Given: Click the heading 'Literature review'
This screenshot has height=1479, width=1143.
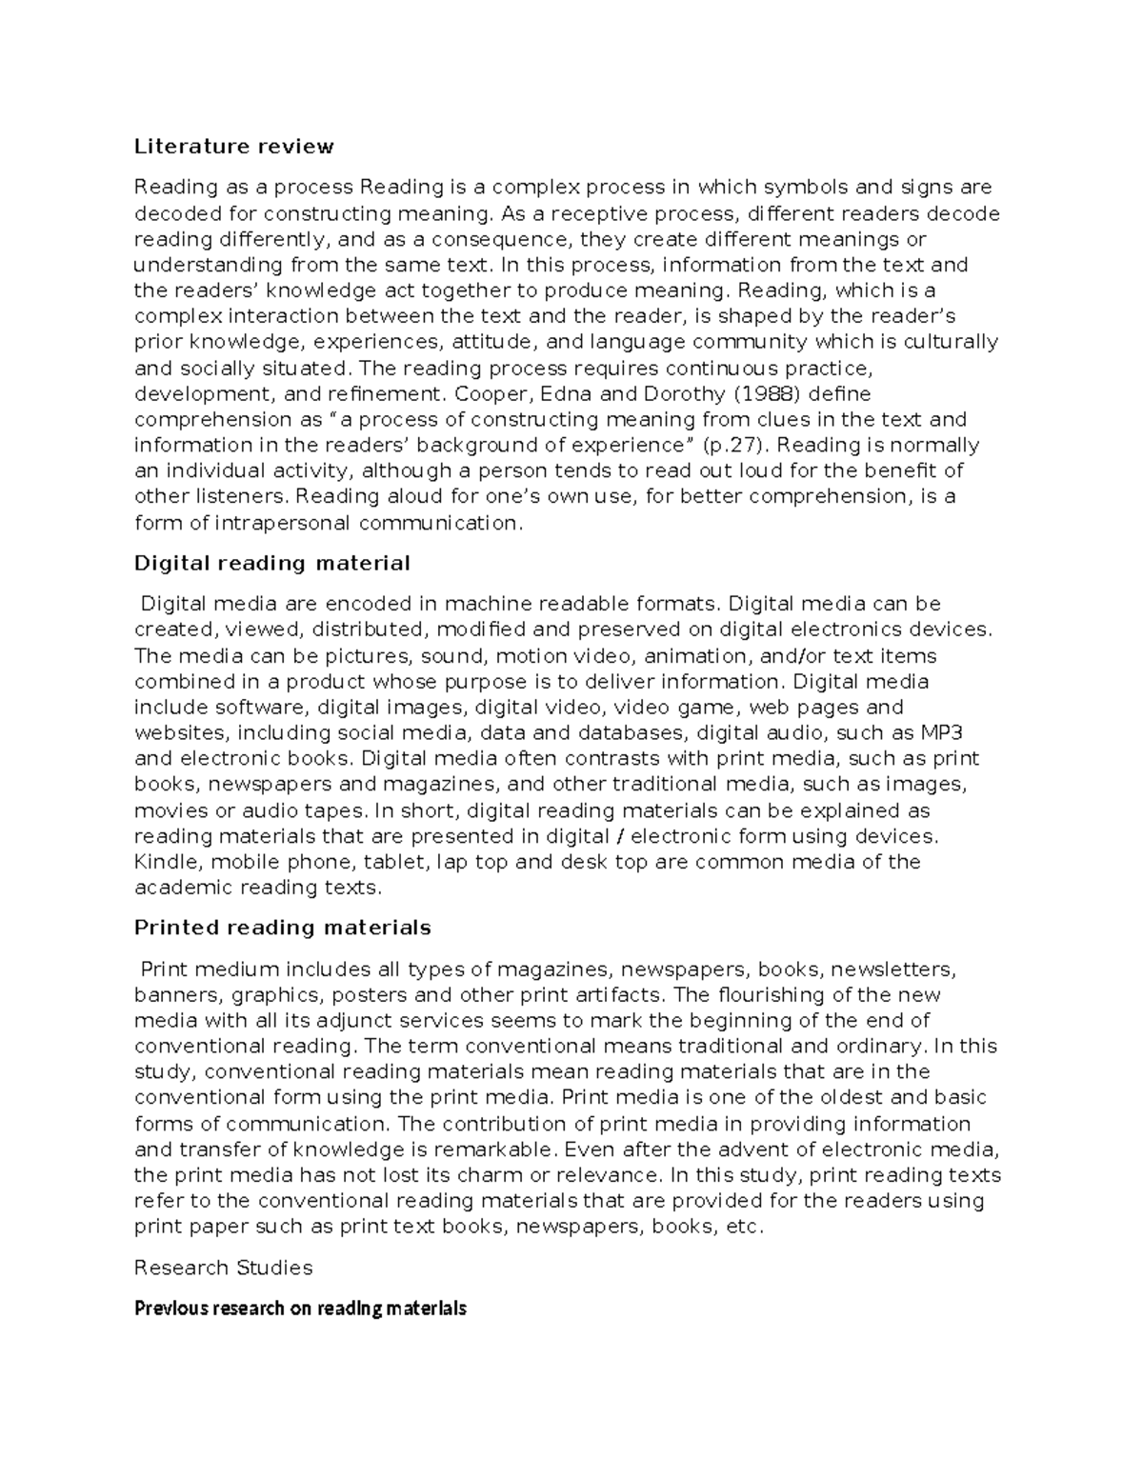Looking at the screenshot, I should pos(233,147).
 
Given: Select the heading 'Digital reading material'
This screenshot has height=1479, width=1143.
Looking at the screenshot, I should pos(271,563).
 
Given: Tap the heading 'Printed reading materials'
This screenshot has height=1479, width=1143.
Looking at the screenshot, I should pos(282,928).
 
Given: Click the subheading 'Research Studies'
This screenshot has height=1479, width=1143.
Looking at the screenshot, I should pos(223,1268).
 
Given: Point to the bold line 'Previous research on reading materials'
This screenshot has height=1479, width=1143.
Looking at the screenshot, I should pos(300,1309).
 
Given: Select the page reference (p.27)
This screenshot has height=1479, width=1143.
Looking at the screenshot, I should pos(735,445).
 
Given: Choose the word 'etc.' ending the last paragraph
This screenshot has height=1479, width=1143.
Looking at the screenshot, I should pos(745,1227).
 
